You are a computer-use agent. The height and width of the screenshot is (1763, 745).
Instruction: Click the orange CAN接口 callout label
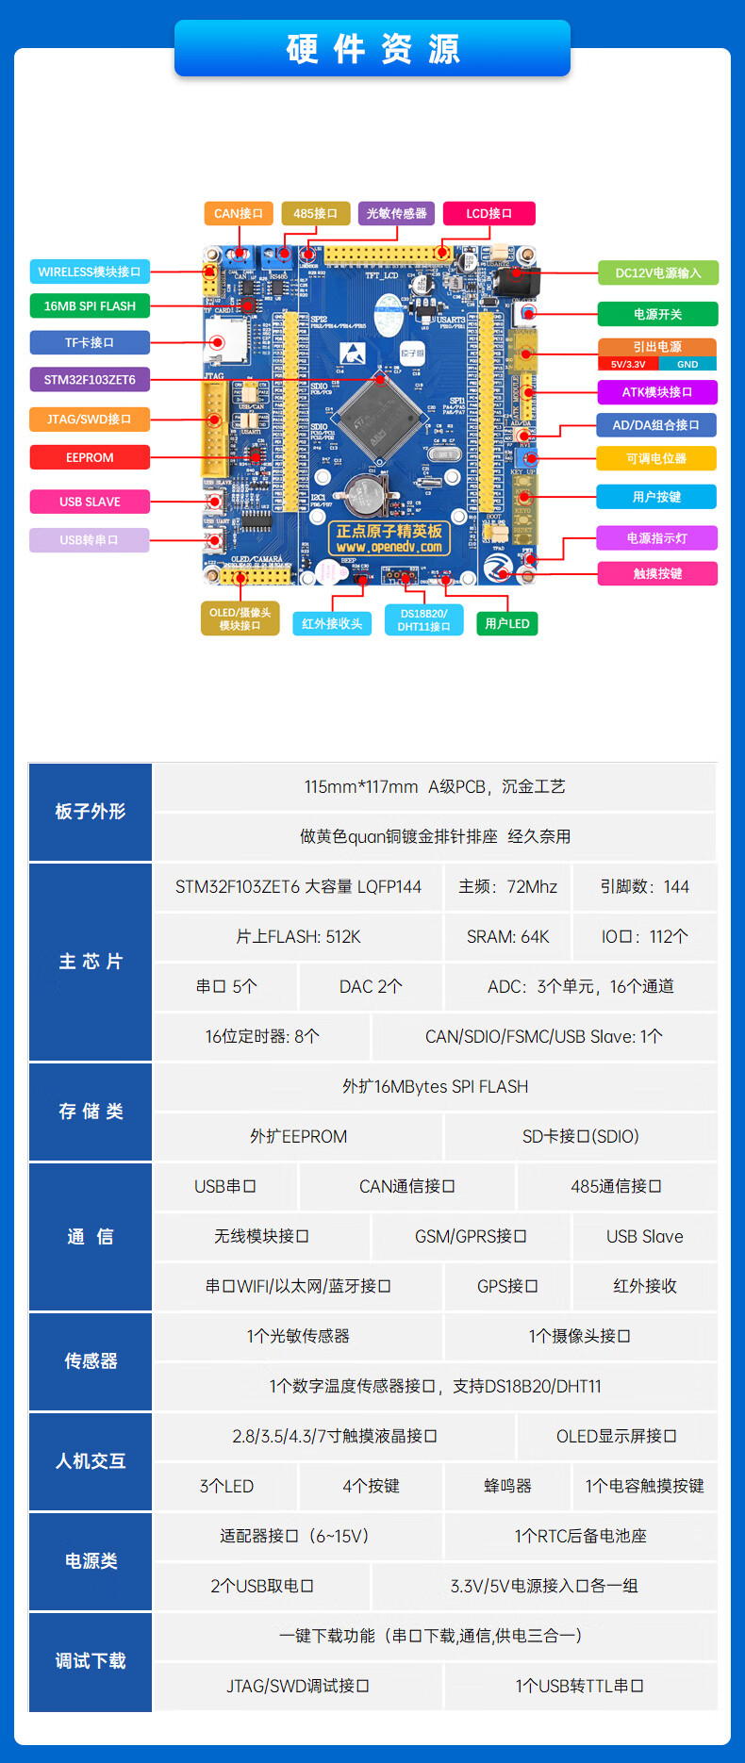click(239, 213)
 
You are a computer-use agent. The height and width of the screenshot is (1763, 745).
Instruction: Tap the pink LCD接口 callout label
click(488, 213)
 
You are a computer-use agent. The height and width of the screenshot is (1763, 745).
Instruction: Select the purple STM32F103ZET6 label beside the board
click(90, 380)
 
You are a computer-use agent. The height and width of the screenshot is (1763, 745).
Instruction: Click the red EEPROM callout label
click(90, 457)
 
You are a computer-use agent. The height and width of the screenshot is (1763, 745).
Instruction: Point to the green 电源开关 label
click(657, 314)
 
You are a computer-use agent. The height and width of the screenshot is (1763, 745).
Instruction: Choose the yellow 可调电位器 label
click(656, 458)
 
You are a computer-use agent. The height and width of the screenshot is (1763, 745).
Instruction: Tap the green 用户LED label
click(507, 623)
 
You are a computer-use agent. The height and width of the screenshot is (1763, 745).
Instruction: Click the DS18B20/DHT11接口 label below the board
click(423, 619)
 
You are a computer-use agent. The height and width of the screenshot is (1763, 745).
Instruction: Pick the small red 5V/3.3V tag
click(628, 364)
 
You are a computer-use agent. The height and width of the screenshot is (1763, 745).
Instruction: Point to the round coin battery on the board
click(360, 490)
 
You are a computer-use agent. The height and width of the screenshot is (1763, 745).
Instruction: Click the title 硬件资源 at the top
click(372, 48)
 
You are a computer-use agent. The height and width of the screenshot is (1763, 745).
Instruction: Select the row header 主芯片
click(91, 962)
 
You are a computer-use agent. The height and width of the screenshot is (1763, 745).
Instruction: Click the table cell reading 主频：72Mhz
click(507, 886)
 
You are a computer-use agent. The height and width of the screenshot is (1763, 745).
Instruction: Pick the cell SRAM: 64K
click(507, 936)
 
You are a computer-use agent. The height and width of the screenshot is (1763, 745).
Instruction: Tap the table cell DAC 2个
click(371, 986)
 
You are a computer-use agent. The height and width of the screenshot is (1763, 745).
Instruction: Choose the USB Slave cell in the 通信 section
click(644, 1236)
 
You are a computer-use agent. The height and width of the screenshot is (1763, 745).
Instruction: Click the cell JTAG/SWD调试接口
click(298, 1686)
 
